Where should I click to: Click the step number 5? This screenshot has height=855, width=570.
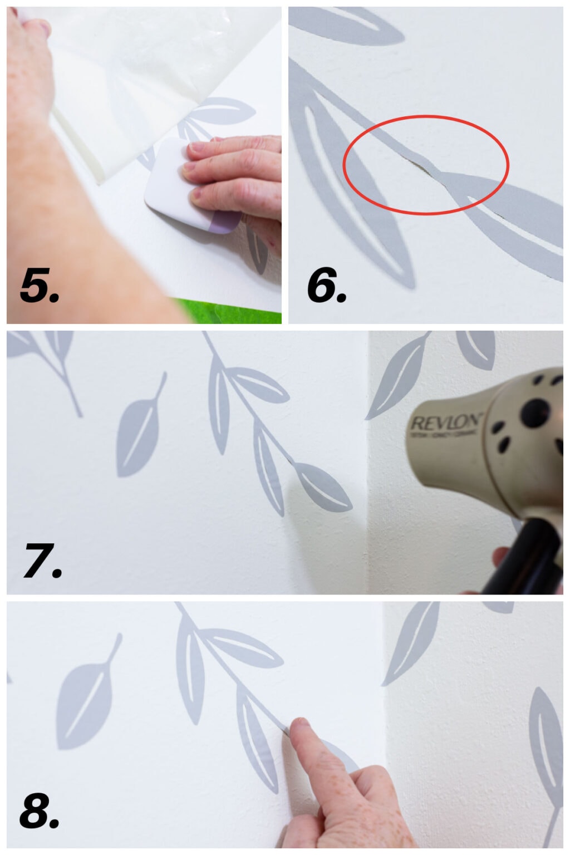click(39, 286)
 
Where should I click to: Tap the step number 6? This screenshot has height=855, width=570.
click(326, 286)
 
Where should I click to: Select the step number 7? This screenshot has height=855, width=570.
click(42, 560)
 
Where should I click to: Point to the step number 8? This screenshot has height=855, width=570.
click(39, 810)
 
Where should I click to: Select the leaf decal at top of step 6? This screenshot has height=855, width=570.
click(356, 25)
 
